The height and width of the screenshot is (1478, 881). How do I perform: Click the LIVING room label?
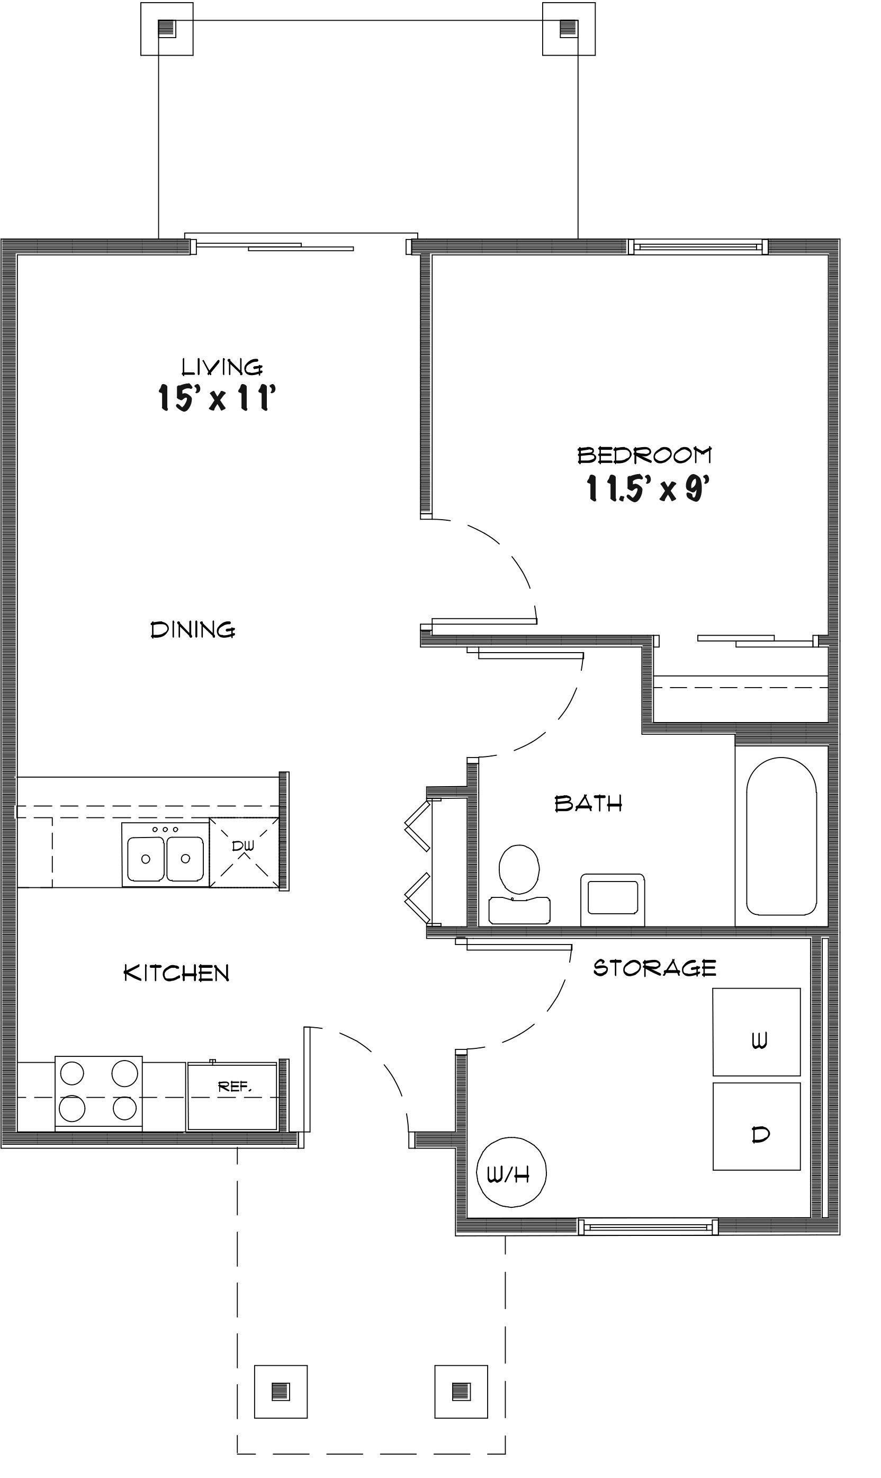coord(221,367)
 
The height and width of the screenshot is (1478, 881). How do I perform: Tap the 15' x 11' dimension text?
coord(217,397)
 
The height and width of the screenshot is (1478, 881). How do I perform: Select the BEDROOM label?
coord(644,456)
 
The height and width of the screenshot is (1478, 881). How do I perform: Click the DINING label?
coord(193,629)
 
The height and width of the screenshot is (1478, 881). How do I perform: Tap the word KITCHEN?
coord(176,973)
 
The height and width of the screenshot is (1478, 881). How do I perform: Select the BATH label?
coord(588,804)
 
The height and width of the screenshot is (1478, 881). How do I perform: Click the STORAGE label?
coord(654,968)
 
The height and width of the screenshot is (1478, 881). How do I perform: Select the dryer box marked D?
coord(757,1134)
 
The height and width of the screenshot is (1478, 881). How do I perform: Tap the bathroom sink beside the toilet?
coord(613,899)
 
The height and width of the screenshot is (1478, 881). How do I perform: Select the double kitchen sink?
coord(166,854)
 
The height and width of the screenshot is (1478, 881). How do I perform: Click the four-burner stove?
coord(98,1092)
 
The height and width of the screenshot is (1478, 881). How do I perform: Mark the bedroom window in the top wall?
coord(698,246)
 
